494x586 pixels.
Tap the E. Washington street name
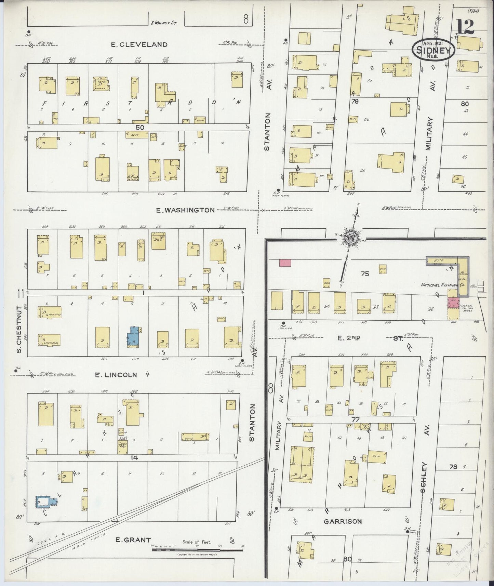click(x=185, y=210)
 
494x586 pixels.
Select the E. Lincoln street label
click(x=116, y=375)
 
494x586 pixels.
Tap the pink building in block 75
click(x=285, y=263)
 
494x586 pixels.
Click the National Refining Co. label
click(x=439, y=284)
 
